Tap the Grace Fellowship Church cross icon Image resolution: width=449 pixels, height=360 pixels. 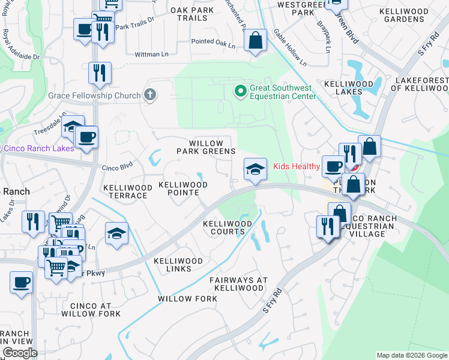coord(150,95)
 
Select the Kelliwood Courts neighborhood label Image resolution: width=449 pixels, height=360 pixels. coord(228,227)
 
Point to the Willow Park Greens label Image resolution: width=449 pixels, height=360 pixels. coord(205,148)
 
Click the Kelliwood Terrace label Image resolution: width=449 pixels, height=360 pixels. coord(128,191)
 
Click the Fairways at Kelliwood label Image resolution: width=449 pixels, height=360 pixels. coord(237,284)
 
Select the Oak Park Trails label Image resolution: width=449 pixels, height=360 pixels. coord(196,14)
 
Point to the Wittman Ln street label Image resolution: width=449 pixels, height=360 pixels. coord(152,54)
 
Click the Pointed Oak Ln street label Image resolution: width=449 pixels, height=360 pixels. coord(213,43)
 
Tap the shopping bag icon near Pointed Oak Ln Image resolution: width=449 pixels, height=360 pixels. coord(255,41)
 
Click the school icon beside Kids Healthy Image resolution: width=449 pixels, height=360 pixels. coord(255,170)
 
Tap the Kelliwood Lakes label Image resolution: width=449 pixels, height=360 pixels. coord(349,88)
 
